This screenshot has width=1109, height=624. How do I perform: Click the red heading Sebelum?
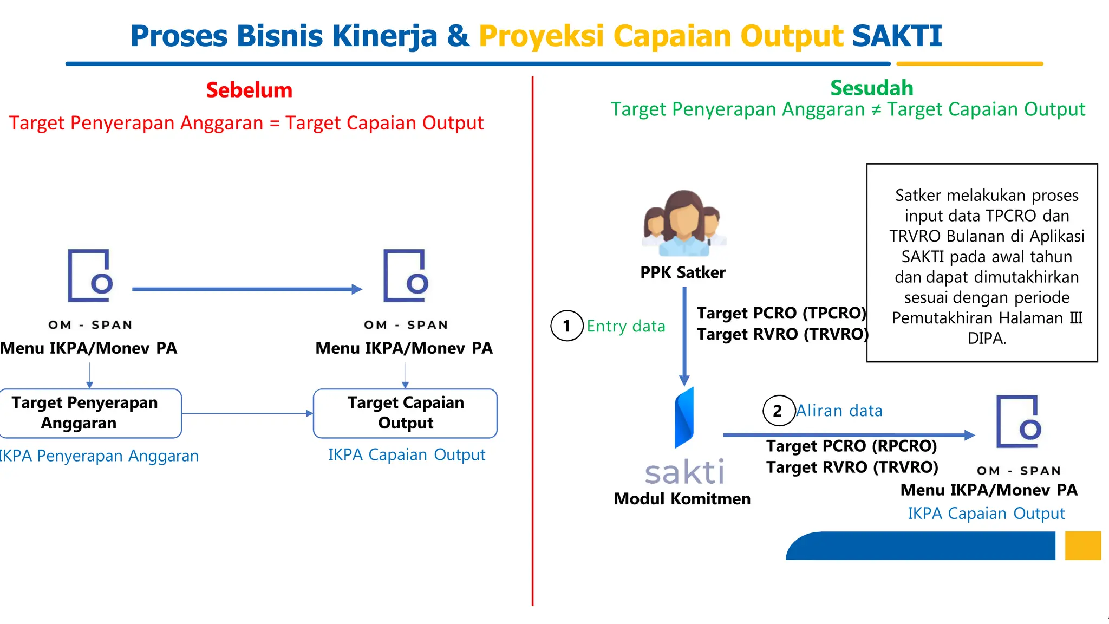click(249, 90)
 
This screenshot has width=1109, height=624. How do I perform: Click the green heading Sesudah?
click(871, 88)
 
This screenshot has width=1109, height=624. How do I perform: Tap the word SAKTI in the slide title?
click(897, 36)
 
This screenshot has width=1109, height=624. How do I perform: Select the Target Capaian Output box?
click(405, 413)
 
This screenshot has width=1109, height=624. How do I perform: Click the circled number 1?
click(566, 326)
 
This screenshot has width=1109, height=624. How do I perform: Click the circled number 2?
click(778, 411)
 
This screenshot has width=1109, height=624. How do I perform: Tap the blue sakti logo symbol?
click(684, 418)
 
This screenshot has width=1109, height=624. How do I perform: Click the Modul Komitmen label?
click(682, 498)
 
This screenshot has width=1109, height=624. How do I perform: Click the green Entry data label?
click(625, 326)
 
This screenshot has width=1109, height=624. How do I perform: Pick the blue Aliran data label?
click(839, 411)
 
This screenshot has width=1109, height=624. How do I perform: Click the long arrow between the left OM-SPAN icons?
click(246, 289)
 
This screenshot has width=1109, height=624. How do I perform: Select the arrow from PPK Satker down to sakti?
click(684, 336)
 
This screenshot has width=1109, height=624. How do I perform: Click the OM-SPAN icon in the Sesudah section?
click(1019, 422)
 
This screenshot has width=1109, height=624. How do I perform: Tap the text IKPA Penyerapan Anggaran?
click(99, 456)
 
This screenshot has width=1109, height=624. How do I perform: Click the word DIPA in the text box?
click(986, 339)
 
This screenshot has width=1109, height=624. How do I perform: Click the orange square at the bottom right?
click(1082, 545)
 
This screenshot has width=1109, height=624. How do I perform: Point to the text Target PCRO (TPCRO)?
click(781, 313)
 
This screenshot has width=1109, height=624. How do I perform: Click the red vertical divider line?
click(533, 341)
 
